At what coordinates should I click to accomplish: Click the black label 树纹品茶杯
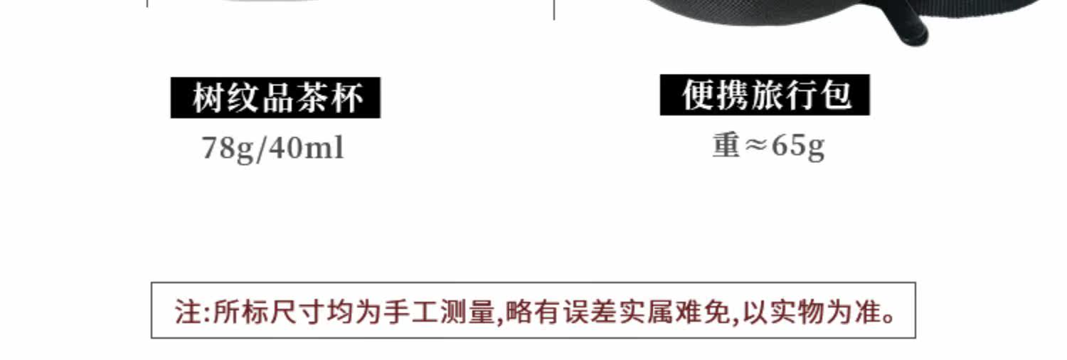[x=275, y=97]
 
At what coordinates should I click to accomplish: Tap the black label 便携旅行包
[x=765, y=95]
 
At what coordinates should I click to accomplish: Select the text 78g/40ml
[x=273, y=149]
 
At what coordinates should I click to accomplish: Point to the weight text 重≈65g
[x=768, y=146]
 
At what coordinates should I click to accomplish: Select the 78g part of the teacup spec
[x=228, y=149]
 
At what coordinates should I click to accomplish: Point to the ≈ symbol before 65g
[x=755, y=145]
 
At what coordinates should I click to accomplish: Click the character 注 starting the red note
[x=189, y=312]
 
